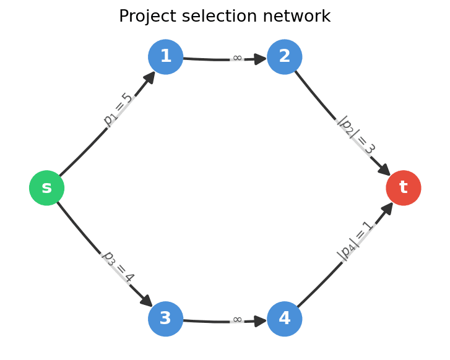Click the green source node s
pos(46,188)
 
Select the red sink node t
pos(403,188)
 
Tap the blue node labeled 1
pos(165,57)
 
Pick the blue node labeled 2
pos(284,57)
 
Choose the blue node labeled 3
pos(165,319)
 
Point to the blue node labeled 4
pos(284,319)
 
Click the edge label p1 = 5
pos(118,109)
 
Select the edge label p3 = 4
pos(118,267)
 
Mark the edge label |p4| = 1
pos(356,241)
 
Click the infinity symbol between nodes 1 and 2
pos(237,58)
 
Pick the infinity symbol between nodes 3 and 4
pos(237,320)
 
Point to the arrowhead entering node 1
pos(149,77)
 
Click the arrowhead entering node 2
pos(259,59)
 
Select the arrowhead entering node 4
pos(259,321)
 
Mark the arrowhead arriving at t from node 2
pos(384,169)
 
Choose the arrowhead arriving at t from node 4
pos(387,208)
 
